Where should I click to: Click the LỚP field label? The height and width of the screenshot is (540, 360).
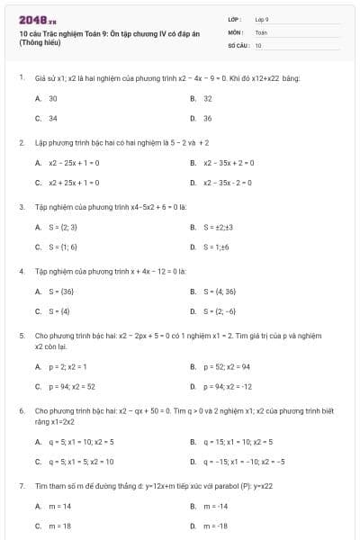click(x=235, y=18)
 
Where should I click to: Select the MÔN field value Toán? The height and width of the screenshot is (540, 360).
click(x=261, y=31)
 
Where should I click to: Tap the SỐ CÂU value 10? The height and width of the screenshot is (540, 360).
click(x=258, y=45)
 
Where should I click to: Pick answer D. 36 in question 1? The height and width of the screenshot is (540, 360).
click(x=208, y=118)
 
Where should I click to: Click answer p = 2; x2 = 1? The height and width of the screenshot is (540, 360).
click(x=68, y=366)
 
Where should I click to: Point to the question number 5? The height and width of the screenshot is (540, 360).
click(x=21, y=335)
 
